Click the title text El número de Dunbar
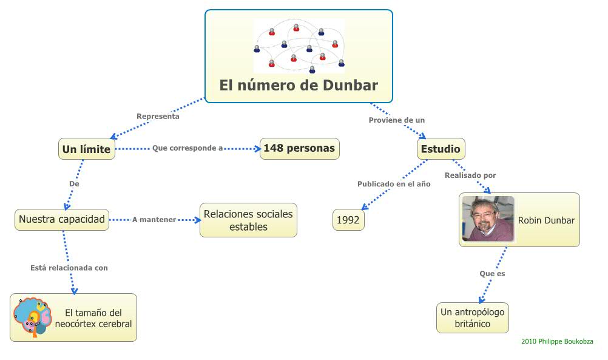pyautogui.click(x=299, y=84)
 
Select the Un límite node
pyautogui.click(x=87, y=149)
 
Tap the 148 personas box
pyautogui.click(x=299, y=149)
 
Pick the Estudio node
pyautogui.click(x=441, y=149)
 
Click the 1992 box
pyautogui.click(x=348, y=220)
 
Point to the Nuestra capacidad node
pyautogui.click(x=62, y=219)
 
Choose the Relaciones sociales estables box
pyautogui.click(x=248, y=220)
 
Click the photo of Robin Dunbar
pyautogui.click(x=488, y=219)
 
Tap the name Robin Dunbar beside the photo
pyautogui.click(x=546, y=220)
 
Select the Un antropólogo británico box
pyautogui.click(x=473, y=318)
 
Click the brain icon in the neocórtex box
pyautogui.click(x=32, y=317)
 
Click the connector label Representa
pyautogui.click(x=158, y=116)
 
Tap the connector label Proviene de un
pyautogui.click(x=397, y=120)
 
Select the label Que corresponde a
pyautogui.click(x=187, y=148)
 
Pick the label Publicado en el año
pyautogui.click(x=394, y=184)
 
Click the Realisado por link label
pyautogui.click(x=470, y=175)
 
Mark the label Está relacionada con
pyautogui.click(x=69, y=267)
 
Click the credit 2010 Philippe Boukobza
pyautogui.click(x=557, y=342)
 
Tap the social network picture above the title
pyautogui.click(x=299, y=46)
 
